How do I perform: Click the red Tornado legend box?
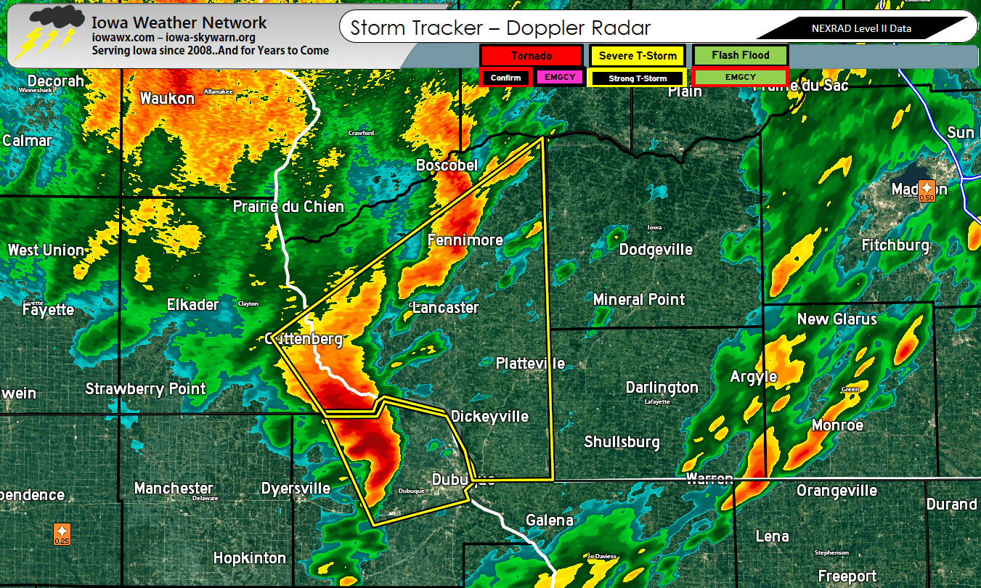[x=531, y=55]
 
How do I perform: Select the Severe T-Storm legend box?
[x=638, y=55]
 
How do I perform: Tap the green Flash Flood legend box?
[x=740, y=55]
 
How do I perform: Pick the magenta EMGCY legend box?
[x=559, y=77]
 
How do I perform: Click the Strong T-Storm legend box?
[x=637, y=78]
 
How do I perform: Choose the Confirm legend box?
[x=505, y=77]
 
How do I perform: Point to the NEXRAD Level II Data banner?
[x=860, y=29]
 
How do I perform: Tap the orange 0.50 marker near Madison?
[x=927, y=190]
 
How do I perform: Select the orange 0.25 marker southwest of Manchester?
[x=62, y=534]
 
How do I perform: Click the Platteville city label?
[x=530, y=363]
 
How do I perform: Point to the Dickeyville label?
[x=489, y=416]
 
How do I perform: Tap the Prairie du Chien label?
[x=288, y=207]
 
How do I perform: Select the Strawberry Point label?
[x=145, y=388]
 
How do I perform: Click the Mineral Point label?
[x=639, y=299]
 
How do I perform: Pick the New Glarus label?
[x=837, y=319]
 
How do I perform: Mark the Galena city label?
[x=550, y=520]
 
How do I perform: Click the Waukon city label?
[x=167, y=98]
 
